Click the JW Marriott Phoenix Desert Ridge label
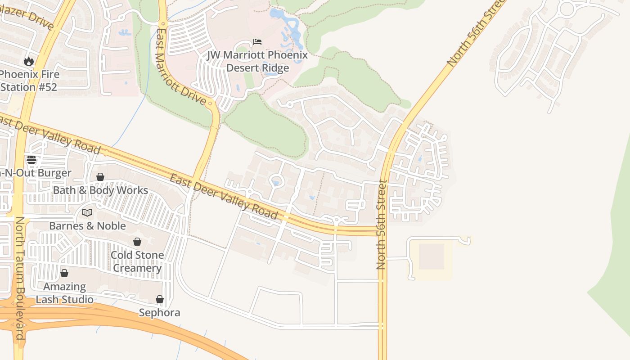click(x=257, y=62)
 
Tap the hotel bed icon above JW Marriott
click(x=257, y=42)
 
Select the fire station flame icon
click(x=29, y=61)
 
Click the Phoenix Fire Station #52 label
click(x=29, y=81)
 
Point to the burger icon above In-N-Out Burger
click(x=31, y=159)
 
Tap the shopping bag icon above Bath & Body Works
click(x=100, y=177)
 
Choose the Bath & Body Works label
click(x=100, y=190)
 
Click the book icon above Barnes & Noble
click(x=87, y=212)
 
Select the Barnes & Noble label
click(x=87, y=226)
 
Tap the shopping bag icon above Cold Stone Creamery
click(x=137, y=242)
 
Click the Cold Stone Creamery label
click(x=137, y=261)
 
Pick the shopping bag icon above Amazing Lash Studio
click(x=64, y=273)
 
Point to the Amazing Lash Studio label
click(x=64, y=293)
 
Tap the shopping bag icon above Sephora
click(x=159, y=299)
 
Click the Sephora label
click(x=159, y=313)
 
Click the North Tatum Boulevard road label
click(x=20, y=278)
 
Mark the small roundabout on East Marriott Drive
click(x=210, y=103)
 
